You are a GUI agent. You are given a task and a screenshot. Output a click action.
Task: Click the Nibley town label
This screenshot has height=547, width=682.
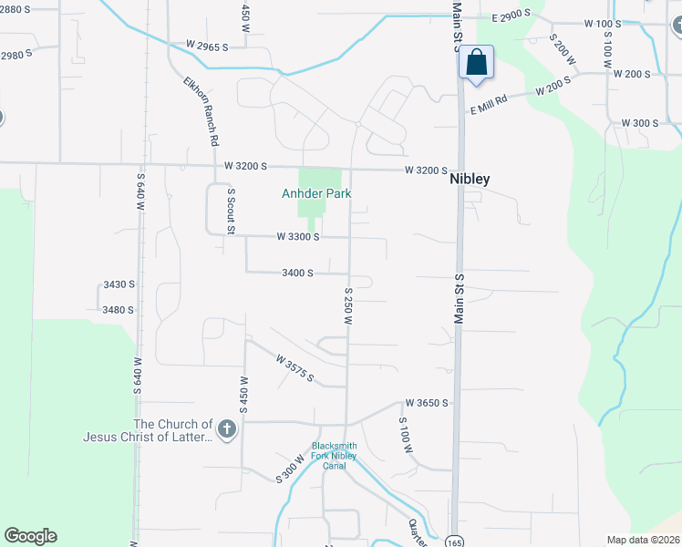[470, 180]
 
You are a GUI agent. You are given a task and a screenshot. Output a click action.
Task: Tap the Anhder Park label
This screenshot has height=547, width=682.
[315, 194]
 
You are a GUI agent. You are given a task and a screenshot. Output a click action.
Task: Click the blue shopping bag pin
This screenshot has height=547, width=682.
[476, 64]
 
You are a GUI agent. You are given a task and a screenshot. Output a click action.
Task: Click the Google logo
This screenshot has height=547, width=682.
[30, 536]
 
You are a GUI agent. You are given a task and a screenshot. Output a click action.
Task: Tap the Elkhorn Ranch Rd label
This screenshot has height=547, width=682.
[201, 111]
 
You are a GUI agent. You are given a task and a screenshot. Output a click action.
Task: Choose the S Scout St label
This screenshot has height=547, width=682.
[232, 210]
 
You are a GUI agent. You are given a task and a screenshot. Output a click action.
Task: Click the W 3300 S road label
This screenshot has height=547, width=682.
[298, 237]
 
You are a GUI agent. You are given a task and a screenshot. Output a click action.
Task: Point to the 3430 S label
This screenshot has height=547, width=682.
[119, 285]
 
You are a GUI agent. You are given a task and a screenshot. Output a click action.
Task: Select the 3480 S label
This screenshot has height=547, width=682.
[119, 310]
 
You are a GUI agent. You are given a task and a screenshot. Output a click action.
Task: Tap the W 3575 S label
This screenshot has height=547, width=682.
[295, 368]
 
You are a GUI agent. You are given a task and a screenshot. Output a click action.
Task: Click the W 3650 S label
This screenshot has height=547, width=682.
[427, 403]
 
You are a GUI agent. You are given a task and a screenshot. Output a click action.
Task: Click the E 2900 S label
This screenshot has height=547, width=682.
[511, 17]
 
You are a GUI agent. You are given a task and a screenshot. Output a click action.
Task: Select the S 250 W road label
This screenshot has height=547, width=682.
[348, 306]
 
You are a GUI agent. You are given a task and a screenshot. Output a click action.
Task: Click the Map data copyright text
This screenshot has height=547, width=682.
[643, 540]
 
